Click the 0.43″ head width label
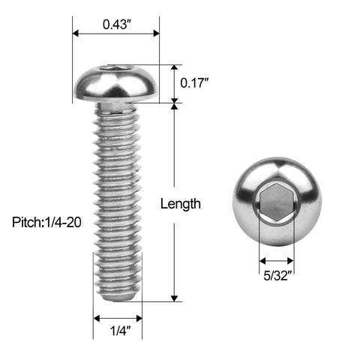pos(116,23)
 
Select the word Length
pos(180,203)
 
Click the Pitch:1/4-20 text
pos(46,223)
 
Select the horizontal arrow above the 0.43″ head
pos(116,33)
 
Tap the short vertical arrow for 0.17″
pos(174,83)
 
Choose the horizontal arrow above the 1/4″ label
pos(117,319)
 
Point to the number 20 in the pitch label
pos(73,223)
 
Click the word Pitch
pos(26,223)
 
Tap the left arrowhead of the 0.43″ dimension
pos(75,33)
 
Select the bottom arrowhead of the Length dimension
pos(174,298)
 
